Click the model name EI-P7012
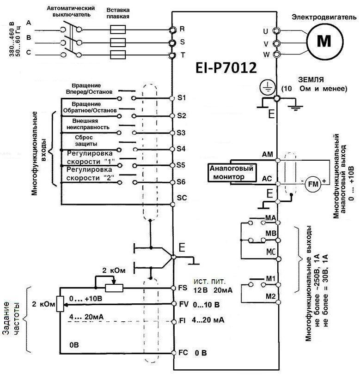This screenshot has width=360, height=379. coord(226,68)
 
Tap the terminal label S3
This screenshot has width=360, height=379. coord(181,132)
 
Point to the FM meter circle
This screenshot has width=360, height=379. coord(311,184)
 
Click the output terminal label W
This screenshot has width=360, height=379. coord(265,55)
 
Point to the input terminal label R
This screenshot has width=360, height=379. coord(182,29)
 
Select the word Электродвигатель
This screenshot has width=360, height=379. coord(317,17)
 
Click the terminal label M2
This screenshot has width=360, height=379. coord(270,295)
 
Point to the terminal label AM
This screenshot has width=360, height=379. coord(267,154)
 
